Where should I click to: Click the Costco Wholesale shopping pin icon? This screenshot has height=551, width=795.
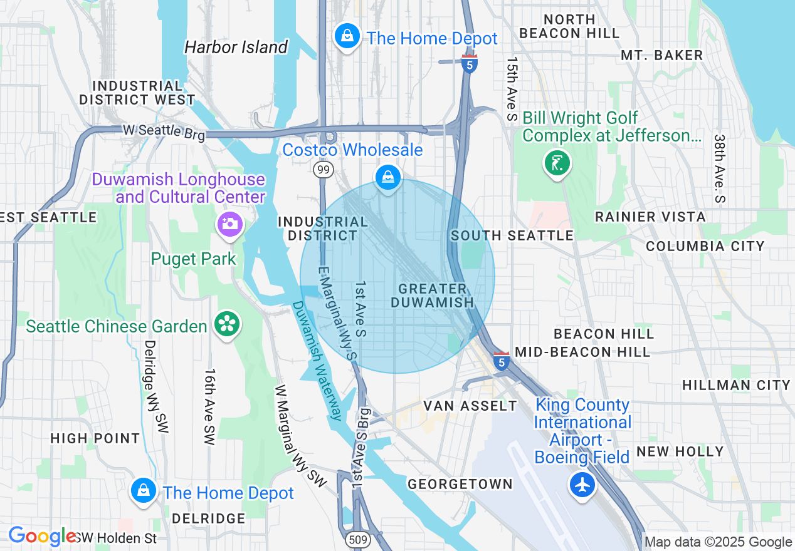(x=388, y=177)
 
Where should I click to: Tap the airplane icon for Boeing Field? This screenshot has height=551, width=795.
(x=582, y=484)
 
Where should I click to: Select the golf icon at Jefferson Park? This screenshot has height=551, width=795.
(x=557, y=163)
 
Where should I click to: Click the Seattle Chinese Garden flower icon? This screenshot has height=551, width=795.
(x=225, y=324)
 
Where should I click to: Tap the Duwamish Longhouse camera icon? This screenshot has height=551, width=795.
(x=230, y=224)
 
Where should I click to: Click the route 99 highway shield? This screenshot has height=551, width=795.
(x=324, y=170)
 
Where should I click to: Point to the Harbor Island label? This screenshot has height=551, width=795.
(x=236, y=47)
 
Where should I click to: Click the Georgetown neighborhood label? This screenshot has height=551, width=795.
(x=460, y=484)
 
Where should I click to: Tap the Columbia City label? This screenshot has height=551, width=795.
(x=705, y=246)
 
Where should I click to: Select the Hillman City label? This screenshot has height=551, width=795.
(x=736, y=385)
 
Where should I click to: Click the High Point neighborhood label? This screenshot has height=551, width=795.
(x=95, y=438)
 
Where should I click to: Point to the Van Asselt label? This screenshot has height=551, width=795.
(x=470, y=406)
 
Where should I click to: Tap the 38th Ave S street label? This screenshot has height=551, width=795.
(x=719, y=168)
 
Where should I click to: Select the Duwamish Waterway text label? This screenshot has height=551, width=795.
(x=318, y=360)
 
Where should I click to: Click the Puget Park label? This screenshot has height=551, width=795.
(x=193, y=259)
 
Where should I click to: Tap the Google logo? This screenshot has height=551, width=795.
(x=42, y=537)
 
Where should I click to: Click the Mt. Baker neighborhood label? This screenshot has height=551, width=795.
(x=661, y=55)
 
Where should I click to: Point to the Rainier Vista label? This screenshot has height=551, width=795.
(x=650, y=217)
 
